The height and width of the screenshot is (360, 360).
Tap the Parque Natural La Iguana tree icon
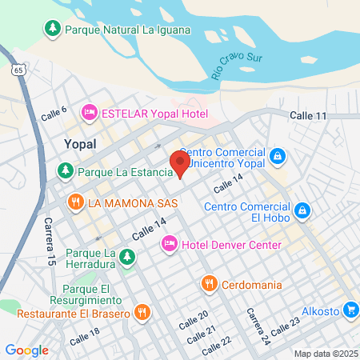pyautogui.click(x=53, y=30)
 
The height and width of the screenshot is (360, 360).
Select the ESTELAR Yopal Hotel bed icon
pyautogui.click(x=90, y=113)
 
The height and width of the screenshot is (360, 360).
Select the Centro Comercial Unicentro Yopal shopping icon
pyautogui.click(x=277, y=156)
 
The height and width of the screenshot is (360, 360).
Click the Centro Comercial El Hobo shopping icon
pyautogui.click(x=302, y=211)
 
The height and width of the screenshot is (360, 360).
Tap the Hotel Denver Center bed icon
pyautogui.click(x=170, y=243)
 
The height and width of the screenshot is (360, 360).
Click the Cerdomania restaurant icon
pyautogui.click(x=208, y=282)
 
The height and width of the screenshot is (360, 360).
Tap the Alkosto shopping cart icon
pyautogui.click(x=350, y=310)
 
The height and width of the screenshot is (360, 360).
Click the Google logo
pyautogui.click(x=26, y=350)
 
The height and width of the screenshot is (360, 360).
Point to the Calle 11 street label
pyautogui.click(x=309, y=116)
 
